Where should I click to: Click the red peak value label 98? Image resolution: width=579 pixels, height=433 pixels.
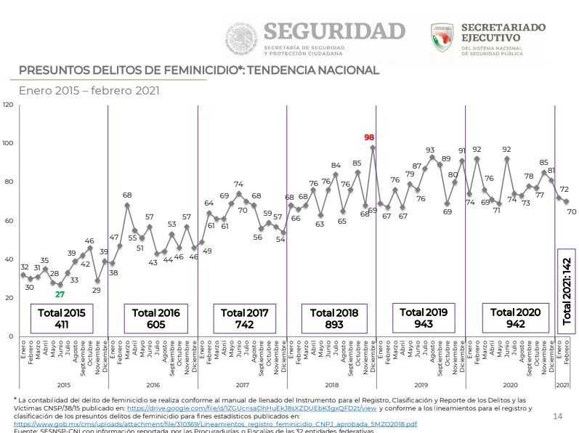(x=369, y=137)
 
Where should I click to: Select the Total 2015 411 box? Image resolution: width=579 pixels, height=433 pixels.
(x=62, y=318)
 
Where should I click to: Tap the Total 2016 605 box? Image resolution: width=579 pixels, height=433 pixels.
(x=155, y=318)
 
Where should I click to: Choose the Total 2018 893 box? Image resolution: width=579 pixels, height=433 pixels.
(x=333, y=318)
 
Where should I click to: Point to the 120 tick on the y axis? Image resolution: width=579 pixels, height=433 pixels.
(x=8, y=105)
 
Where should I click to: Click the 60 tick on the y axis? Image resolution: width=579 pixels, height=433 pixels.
(x=8, y=221)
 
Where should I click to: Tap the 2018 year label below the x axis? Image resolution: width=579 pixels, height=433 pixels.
(x=332, y=384)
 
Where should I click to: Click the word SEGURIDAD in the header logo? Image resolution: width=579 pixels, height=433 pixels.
(x=334, y=31)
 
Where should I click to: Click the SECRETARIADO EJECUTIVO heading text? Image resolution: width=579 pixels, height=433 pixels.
(x=503, y=32)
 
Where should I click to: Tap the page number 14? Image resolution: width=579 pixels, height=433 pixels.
(x=558, y=416)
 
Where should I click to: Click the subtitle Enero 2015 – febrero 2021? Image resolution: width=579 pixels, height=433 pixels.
(x=89, y=91)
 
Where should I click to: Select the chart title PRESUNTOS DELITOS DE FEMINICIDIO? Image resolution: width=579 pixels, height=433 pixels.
(x=198, y=70)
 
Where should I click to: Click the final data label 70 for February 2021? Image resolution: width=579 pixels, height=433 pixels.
(x=572, y=211)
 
